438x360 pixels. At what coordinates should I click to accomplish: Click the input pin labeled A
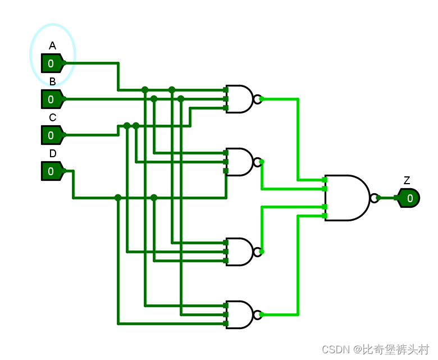(x=51, y=63)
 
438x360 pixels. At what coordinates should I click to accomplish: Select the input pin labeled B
(x=51, y=99)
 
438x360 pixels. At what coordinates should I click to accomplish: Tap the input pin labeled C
(x=51, y=135)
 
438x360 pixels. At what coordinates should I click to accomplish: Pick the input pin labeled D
(x=51, y=171)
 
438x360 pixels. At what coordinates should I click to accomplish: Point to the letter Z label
(x=407, y=181)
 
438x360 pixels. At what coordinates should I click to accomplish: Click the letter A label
(x=52, y=46)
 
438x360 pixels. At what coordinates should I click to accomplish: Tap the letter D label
(x=53, y=154)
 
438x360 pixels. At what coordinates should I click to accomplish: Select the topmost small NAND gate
(x=239, y=99)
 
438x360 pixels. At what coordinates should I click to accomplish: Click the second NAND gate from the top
(x=239, y=162)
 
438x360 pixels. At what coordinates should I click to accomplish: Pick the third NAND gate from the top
(x=239, y=252)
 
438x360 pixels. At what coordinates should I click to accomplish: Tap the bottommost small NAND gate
(x=239, y=315)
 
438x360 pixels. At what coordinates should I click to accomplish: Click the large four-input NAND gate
(x=346, y=198)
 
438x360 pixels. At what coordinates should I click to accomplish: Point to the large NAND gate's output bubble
(x=374, y=198)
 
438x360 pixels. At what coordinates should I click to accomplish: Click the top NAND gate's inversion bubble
(x=257, y=99)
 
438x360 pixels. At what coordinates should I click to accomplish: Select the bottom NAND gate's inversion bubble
(x=257, y=315)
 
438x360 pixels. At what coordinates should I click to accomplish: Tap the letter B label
(x=52, y=82)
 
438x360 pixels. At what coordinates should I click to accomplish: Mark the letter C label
(x=52, y=118)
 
